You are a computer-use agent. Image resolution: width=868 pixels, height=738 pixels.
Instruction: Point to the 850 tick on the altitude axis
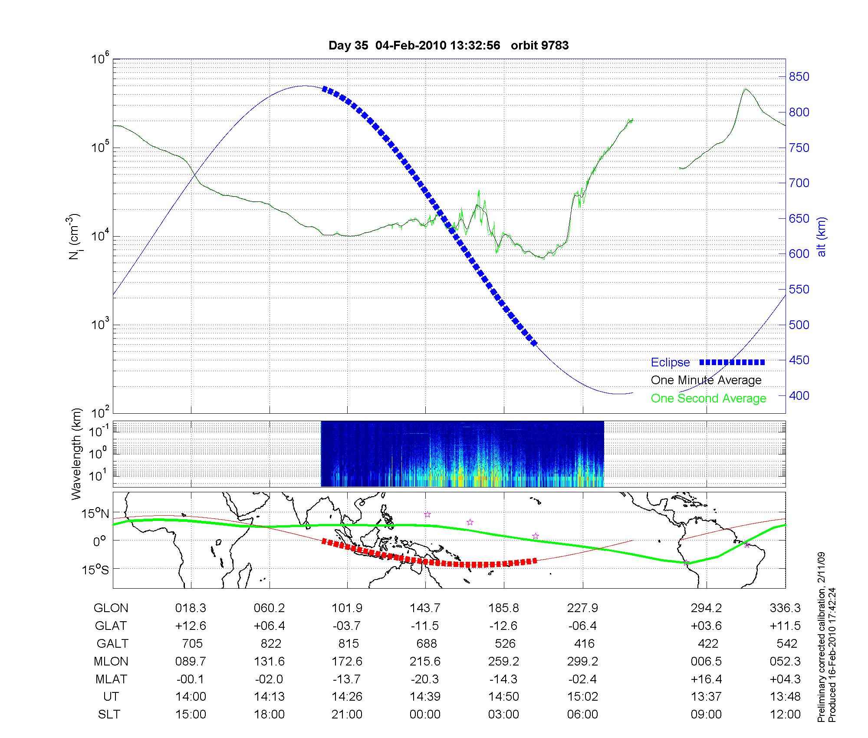coord(799,77)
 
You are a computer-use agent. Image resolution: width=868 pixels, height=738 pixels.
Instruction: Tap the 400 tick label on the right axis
coord(799,395)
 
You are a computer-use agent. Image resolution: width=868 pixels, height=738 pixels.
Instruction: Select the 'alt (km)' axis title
coord(822,237)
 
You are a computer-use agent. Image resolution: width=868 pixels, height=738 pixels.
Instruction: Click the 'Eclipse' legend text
coord(670,362)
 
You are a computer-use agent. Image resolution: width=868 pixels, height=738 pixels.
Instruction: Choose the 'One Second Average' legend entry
coord(708,399)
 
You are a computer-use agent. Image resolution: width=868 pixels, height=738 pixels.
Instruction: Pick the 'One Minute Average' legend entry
coord(706,380)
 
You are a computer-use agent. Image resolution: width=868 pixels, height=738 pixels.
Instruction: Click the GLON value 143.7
coord(425,608)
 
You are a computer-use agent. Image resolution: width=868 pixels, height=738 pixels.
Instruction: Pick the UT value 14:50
coord(503,697)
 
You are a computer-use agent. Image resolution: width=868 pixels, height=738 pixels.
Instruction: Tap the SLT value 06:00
coord(582,715)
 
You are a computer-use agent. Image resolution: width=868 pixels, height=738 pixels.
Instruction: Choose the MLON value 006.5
coord(706,661)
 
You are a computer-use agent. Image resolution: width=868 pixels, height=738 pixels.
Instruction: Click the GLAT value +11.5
coord(785,626)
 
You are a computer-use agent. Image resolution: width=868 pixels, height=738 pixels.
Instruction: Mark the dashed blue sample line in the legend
coord(732,362)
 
